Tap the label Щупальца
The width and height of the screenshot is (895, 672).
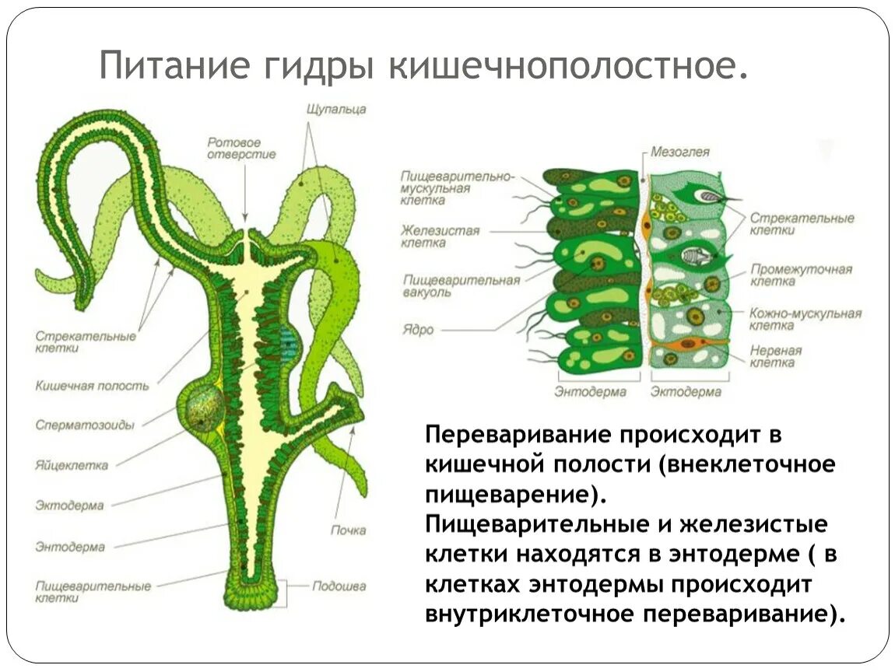[x=336, y=110]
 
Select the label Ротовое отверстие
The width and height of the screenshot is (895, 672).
[x=241, y=148]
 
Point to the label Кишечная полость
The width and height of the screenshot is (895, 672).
[x=92, y=385]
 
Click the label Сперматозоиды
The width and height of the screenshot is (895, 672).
[x=85, y=425]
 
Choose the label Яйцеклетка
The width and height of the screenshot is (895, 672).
[x=72, y=465]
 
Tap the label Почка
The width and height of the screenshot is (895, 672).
[x=348, y=530]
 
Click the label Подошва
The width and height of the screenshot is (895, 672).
[x=339, y=586]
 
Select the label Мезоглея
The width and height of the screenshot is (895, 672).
[x=680, y=152]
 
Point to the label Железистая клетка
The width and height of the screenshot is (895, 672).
[x=440, y=236]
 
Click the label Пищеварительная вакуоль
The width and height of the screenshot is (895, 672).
[x=461, y=285]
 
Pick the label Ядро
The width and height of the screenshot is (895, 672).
[x=418, y=330]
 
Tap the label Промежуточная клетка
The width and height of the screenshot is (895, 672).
[x=801, y=275]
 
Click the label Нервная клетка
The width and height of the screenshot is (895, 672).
[x=775, y=356]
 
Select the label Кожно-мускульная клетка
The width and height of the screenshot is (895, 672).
[x=805, y=319]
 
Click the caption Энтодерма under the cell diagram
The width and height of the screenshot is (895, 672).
[x=590, y=392]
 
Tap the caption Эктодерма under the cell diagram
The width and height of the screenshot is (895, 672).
[x=686, y=392]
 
